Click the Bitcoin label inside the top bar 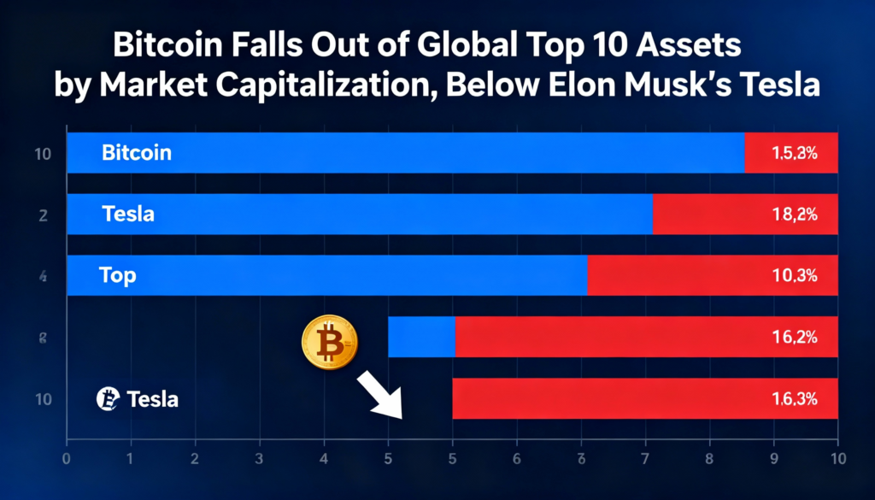click(137, 153)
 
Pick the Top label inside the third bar click(118, 275)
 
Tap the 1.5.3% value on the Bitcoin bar click(795, 154)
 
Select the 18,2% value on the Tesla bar click(795, 215)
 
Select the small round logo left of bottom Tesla click(107, 398)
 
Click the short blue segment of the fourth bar click(421, 337)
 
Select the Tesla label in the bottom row click(152, 398)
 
